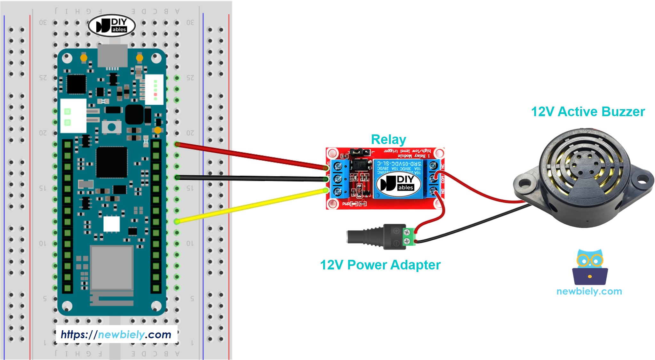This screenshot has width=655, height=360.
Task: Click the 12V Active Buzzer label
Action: (587, 112)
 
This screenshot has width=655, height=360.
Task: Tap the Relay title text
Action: (388, 140)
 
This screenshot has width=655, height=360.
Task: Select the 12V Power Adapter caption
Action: (380, 265)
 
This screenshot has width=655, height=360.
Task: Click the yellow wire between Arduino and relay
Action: (250, 206)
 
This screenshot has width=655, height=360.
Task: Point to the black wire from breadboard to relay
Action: (250, 178)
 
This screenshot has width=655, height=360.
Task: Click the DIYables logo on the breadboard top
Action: (112, 25)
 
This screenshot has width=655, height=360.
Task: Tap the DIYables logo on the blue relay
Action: (398, 183)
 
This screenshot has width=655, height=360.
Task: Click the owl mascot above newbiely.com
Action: (590, 267)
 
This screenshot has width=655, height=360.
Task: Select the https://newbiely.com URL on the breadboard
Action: (116, 334)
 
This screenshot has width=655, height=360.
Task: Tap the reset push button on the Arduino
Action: (111, 127)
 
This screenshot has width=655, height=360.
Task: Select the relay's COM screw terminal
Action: (433, 178)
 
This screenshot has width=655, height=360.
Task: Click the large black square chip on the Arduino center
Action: (112, 162)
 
